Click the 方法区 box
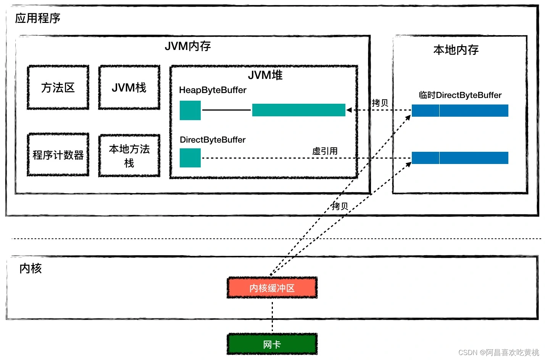(x=58, y=88)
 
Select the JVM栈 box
(x=129, y=88)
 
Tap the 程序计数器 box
(x=58, y=155)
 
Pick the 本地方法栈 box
(x=129, y=156)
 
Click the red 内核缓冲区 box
(x=272, y=288)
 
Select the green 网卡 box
(x=272, y=344)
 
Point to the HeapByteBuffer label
(x=213, y=90)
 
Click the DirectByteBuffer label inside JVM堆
(x=213, y=140)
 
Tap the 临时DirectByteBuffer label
(x=460, y=95)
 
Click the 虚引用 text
(x=325, y=151)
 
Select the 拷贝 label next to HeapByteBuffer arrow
(x=380, y=103)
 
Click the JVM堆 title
(x=265, y=75)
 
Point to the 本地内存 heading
(x=456, y=50)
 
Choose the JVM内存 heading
(x=188, y=46)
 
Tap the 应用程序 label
(x=38, y=18)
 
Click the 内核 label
(x=31, y=268)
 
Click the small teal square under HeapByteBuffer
(x=190, y=110)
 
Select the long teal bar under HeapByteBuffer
(x=298, y=110)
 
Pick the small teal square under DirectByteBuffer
(x=190, y=158)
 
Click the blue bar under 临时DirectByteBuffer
(x=460, y=111)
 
